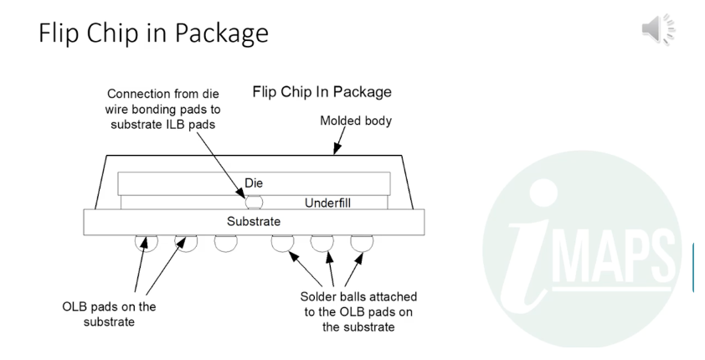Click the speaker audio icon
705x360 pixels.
658,29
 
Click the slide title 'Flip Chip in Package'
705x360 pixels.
154,33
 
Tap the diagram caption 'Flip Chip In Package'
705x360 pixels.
322,92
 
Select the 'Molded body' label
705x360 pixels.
356,121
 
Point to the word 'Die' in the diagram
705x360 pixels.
254,183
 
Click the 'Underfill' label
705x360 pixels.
327,203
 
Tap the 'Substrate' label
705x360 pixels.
254,221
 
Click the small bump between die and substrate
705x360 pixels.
254,203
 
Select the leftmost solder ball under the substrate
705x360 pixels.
147,243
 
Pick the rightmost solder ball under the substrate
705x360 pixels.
362,243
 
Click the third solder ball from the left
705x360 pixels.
226,243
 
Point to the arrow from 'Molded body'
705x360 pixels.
339,140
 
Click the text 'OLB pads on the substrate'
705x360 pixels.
109,314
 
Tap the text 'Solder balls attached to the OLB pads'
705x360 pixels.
358,304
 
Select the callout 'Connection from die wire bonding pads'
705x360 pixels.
162,101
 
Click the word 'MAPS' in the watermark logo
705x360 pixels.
614,257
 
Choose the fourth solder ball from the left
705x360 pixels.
282,243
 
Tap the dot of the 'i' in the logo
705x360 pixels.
543,193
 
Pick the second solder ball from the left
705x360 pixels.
186,243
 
